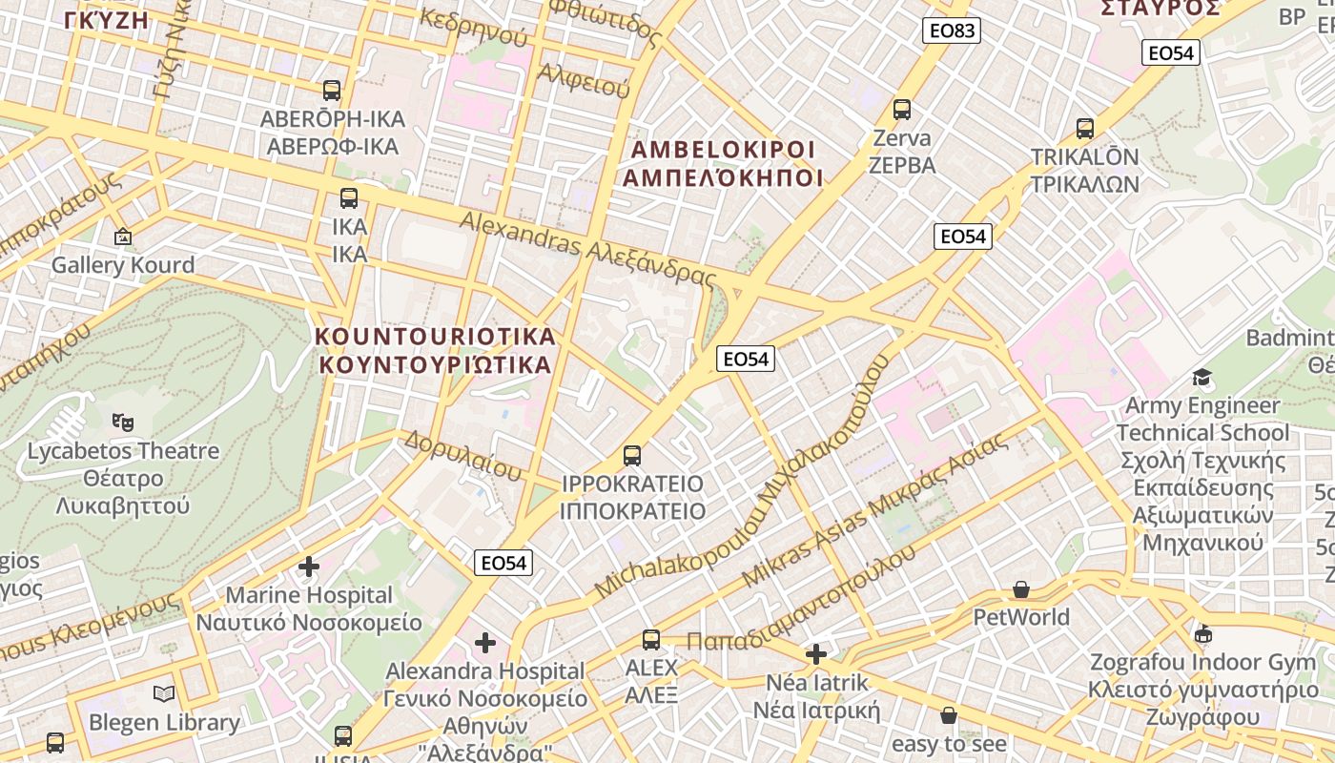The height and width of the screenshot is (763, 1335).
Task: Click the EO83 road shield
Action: [x=952, y=31]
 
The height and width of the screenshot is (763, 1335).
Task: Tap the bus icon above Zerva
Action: [x=901, y=110]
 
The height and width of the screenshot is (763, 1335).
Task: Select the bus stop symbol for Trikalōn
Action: [x=1084, y=128]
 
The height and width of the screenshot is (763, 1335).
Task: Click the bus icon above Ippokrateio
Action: [x=632, y=455]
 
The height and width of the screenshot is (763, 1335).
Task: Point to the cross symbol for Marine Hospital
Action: [x=308, y=567]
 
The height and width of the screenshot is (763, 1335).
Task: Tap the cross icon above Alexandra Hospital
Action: [x=485, y=643]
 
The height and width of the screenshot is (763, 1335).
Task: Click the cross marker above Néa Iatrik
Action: [x=816, y=654]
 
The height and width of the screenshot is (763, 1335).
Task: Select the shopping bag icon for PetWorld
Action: [x=1021, y=589]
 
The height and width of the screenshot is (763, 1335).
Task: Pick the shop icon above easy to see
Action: [x=949, y=715]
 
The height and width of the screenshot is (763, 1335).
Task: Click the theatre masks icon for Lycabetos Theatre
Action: [x=122, y=421]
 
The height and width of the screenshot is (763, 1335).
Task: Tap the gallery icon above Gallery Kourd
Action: [x=122, y=237]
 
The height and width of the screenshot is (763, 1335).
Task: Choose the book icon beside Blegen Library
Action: [x=164, y=693]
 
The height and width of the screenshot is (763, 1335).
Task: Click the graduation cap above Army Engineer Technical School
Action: [x=1201, y=378]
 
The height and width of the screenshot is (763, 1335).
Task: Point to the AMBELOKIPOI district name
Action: [x=723, y=164]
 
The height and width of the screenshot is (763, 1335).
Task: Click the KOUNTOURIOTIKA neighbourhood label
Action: [x=435, y=350]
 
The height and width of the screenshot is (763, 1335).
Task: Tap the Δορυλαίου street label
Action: [x=462, y=454]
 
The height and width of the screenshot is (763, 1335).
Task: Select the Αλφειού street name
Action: [x=584, y=80]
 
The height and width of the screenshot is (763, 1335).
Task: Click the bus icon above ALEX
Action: [x=651, y=639]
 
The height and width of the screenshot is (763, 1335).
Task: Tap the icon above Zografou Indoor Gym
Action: [x=1203, y=634]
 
